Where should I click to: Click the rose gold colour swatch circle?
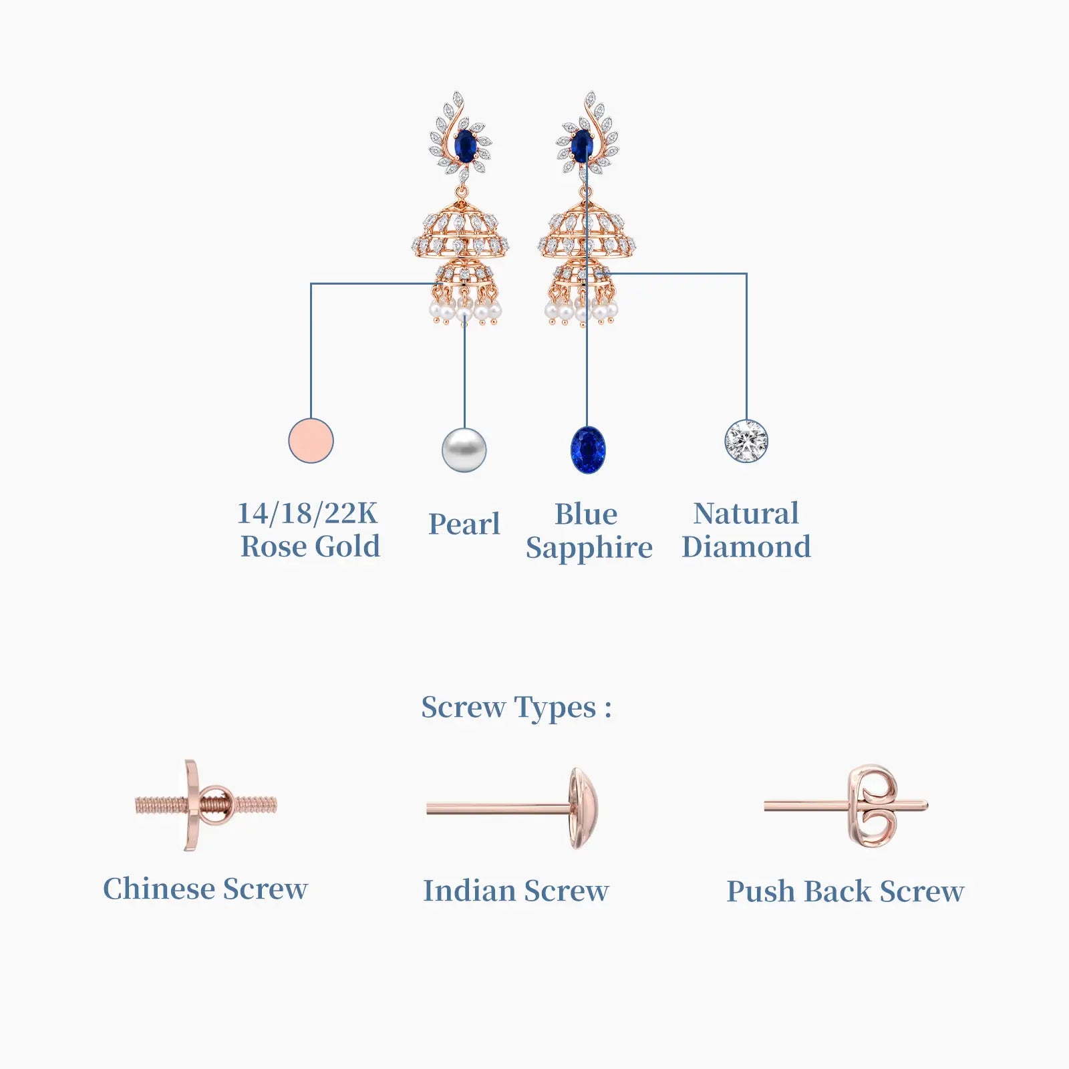click(311, 440)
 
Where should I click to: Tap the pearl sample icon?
click(464, 450)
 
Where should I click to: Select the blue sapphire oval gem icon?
click(588, 450)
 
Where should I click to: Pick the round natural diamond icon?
click(746, 440)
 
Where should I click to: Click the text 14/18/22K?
click(307, 513)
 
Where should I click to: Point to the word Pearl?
click(464, 524)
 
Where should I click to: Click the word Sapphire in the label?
click(589, 549)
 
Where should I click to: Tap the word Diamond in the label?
click(746, 547)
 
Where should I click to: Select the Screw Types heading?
click(516, 708)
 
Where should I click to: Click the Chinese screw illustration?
click(205, 805)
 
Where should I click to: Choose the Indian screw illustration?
click(512, 808)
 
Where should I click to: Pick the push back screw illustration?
click(846, 806)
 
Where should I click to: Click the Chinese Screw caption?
click(205, 889)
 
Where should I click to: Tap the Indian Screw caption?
click(516, 891)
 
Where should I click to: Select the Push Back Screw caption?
click(845, 891)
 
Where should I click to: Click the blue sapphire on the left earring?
click(465, 146)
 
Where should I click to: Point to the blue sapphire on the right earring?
click(582, 146)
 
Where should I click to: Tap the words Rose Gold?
click(310, 547)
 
